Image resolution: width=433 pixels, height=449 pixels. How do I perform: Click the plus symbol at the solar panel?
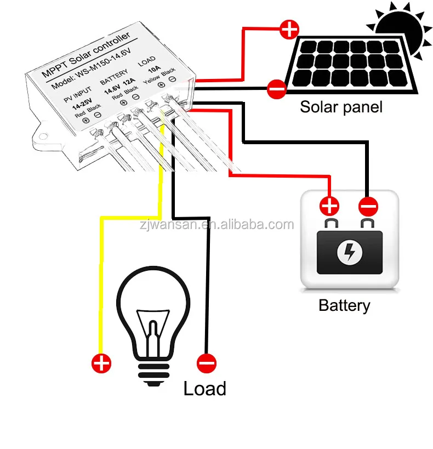[289, 29]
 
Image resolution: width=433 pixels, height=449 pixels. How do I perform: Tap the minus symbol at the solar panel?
[276, 88]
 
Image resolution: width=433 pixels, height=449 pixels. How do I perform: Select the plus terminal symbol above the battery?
[329, 206]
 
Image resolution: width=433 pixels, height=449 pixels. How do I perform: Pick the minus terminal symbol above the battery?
[368, 207]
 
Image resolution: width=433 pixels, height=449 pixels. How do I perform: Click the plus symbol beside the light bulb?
[101, 362]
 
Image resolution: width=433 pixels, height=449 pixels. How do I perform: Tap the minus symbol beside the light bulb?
[207, 362]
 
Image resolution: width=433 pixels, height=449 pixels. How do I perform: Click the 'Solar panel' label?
[340, 106]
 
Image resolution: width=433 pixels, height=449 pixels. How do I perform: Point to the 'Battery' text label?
[344, 305]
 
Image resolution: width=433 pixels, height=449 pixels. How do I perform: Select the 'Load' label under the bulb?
[204, 389]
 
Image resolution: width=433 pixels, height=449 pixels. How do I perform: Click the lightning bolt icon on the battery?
[349, 251]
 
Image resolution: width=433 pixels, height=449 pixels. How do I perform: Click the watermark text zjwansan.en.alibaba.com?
[216, 225]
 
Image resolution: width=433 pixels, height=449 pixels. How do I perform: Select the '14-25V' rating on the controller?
[82, 104]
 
